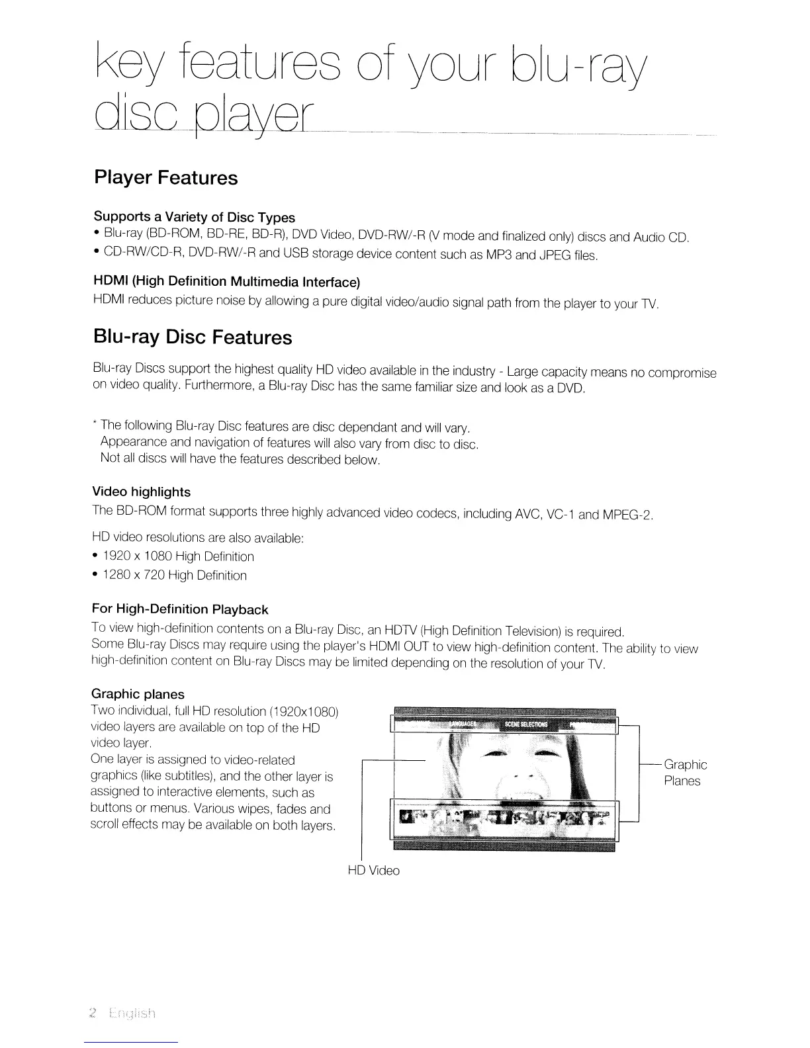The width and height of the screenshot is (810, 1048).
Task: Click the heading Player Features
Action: (x=165, y=178)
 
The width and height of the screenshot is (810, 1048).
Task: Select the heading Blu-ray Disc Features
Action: (x=192, y=337)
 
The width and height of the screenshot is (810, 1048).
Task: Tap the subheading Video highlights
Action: (x=140, y=492)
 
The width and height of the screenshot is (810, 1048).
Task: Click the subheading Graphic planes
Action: (x=138, y=694)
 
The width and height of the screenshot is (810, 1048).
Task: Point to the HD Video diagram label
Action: (x=373, y=871)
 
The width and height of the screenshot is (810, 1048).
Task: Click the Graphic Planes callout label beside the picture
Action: (x=685, y=773)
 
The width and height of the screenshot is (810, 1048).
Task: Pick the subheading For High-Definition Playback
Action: (x=179, y=609)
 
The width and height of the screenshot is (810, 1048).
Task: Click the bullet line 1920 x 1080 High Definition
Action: (x=179, y=556)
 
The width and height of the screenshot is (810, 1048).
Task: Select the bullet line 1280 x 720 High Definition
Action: (x=175, y=576)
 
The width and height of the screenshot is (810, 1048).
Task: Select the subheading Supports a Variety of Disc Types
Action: (x=194, y=217)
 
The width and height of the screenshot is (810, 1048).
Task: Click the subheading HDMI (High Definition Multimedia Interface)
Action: (x=226, y=283)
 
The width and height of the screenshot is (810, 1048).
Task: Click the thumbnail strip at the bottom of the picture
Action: (x=504, y=821)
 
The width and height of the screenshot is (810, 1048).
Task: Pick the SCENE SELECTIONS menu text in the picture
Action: (x=526, y=724)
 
